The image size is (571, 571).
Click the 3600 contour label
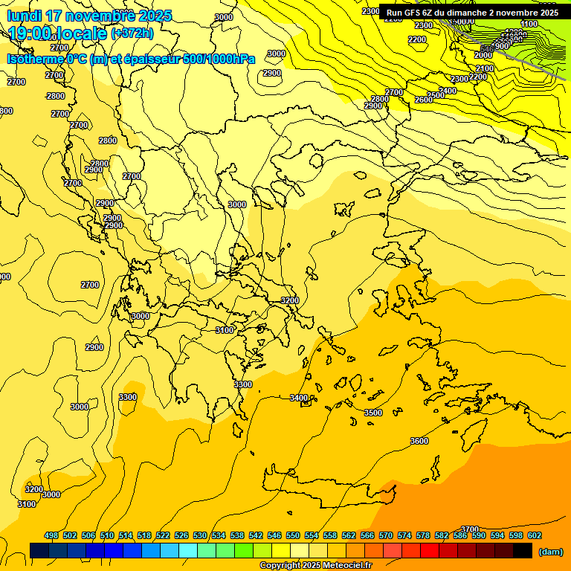(419, 441)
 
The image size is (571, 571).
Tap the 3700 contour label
(470, 529)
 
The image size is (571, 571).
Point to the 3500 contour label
(373, 413)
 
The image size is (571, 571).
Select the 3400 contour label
(299, 398)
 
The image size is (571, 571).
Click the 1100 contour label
(529, 24)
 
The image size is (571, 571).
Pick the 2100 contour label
(485, 68)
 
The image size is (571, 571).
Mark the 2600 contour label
(424, 100)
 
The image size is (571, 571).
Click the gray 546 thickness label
(487, 49)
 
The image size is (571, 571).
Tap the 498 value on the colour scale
(51, 535)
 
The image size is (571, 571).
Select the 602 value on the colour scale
(535, 535)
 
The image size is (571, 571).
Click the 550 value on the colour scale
(293, 535)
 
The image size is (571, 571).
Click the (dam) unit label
(550, 551)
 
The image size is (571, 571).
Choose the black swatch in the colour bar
(522, 550)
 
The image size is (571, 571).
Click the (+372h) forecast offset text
(132, 33)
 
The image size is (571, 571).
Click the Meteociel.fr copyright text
(314, 566)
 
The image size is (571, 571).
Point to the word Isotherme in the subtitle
(35, 59)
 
